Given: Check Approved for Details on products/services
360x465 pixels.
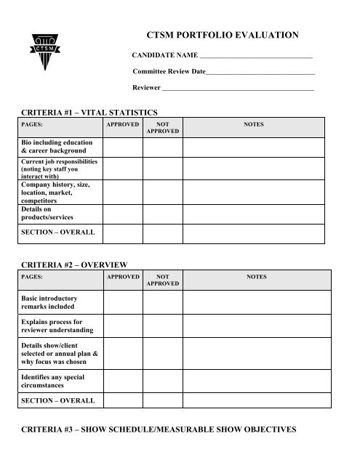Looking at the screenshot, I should coord(122,213).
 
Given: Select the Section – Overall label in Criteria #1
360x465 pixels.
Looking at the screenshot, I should coord(57,233).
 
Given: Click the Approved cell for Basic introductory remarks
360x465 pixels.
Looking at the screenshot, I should coord(122,302).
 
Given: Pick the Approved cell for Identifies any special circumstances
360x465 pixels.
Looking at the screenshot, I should coord(122,381).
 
